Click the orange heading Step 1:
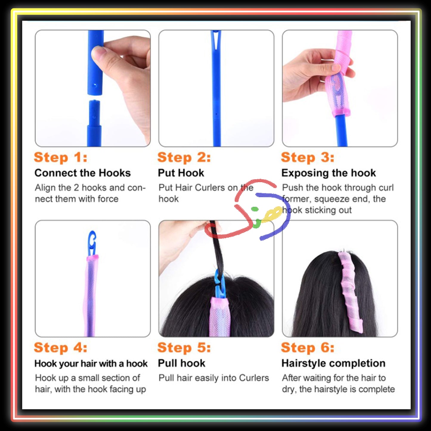click(61, 157)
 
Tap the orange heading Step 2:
click(184, 157)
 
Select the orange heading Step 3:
click(308, 157)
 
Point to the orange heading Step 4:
click(61, 348)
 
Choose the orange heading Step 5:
click(184, 348)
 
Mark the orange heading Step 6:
click(308, 348)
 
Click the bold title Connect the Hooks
click(83, 173)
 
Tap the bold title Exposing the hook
click(328, 173)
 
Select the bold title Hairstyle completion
click(333, 363)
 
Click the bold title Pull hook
click(181, 363)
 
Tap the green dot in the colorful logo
click(255, 209)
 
